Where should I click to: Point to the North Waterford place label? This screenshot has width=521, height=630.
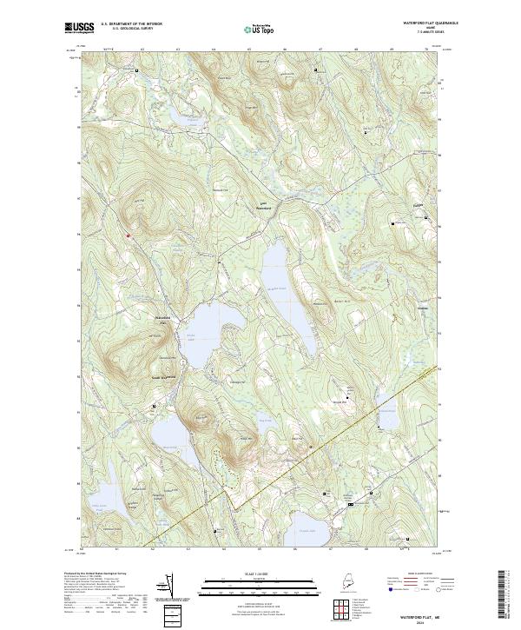tap(262, 208)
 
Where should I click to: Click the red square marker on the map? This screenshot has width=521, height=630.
tap(128, 233)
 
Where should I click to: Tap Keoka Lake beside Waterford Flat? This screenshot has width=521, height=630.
tap(208, 330)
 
